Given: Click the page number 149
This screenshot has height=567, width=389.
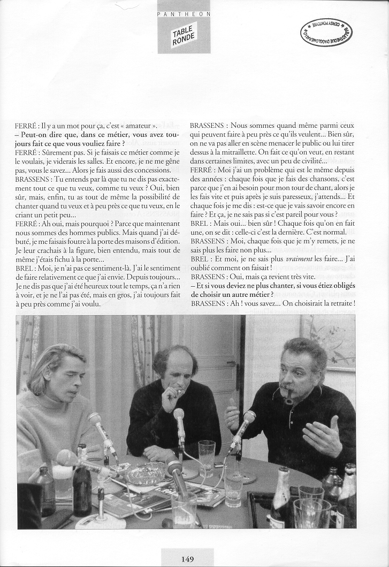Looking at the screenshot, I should click(x=187, y=559).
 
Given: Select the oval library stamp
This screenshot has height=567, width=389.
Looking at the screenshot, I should click(x=326, y=32).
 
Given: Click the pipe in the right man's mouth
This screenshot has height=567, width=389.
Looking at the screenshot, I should click(x=289, y=396).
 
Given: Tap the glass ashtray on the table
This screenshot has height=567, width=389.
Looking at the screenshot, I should click(x=145, y=473).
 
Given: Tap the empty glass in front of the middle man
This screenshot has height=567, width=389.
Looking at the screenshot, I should click(x=207, y=457).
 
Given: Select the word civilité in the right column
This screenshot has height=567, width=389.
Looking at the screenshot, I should click(x=307, y=160).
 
